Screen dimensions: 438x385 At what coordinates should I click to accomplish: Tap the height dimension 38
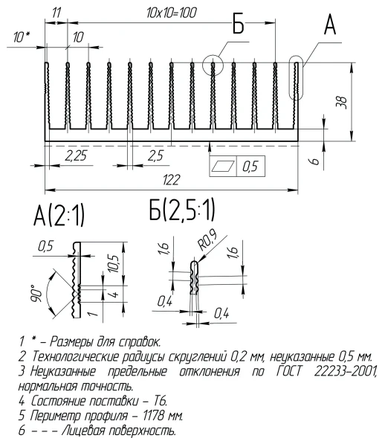pos(342,101)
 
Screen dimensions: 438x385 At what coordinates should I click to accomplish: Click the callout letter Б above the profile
pos(237,27)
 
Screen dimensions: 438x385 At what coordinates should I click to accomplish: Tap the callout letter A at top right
pos(329,25)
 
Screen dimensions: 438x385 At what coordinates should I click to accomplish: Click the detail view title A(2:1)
pos(59,217)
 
